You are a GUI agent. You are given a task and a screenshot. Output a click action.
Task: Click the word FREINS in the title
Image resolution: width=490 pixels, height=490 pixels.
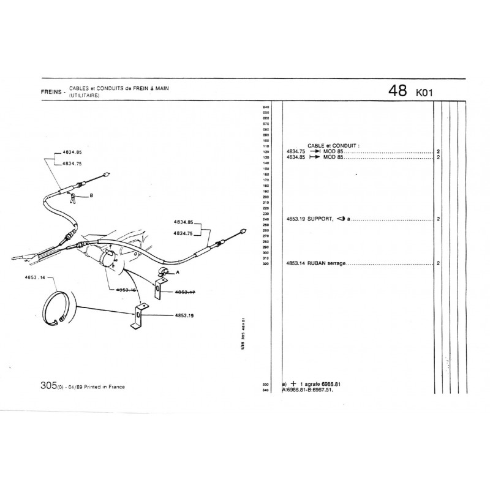coord(51,92)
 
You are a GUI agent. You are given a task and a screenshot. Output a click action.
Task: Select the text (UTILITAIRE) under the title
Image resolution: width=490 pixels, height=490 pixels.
coord(85,96)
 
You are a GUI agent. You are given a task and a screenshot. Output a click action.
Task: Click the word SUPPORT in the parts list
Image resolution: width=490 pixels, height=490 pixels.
coord(319,219)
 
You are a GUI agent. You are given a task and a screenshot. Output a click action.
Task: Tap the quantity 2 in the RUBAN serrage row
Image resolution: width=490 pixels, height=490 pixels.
coord(439,263)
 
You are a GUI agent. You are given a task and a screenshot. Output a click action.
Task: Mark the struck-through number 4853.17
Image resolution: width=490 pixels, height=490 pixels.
coord(184,292)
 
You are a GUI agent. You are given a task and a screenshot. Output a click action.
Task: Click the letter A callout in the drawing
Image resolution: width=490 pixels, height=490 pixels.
coord(177,271)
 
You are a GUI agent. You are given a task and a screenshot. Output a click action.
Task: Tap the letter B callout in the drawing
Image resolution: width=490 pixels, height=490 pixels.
coord(91,196)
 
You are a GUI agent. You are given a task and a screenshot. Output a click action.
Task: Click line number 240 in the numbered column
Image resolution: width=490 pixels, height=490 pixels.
coord(266,219)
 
